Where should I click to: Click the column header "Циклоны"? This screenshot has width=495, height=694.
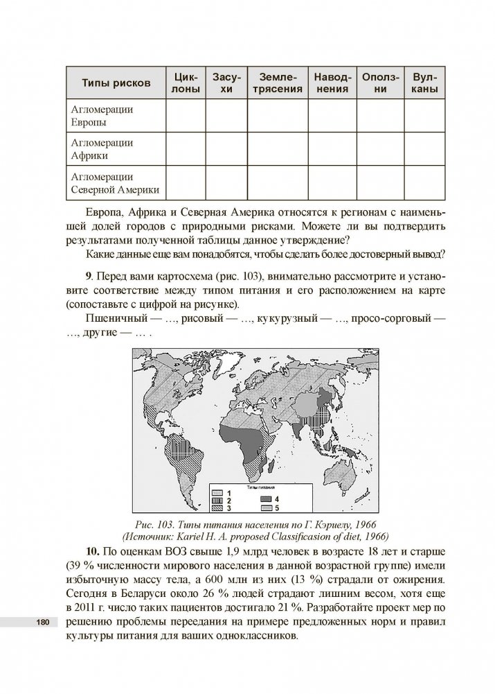click(x=186, y=83)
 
